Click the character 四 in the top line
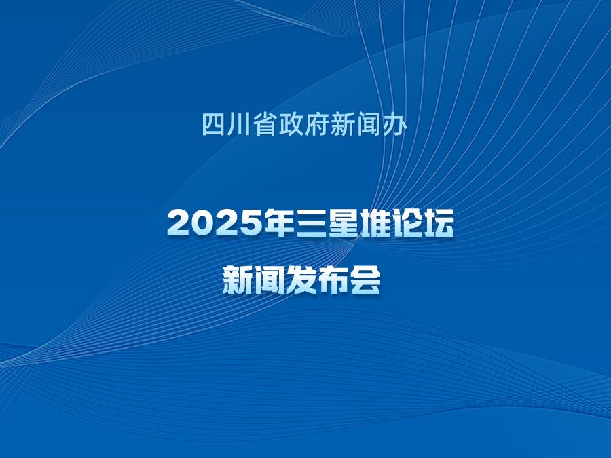pyautogui.click(x=214, y=124)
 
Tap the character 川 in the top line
pyautogui.click(x=239, y=125)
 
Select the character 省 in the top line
pyautogui.click(x=265, y=124)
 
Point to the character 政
pyautogui.click(x=291, y=124)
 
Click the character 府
pyautogui.click(x=316, y=124)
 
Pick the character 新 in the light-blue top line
pyautogui.click(x=342, y=124)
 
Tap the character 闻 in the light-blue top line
pyautogui.click(x=368, y=124)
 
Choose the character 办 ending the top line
pyautogui.click(x=394, y=124)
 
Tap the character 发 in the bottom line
pyautogui.click(x=301, y=280)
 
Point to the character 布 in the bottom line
pyautogui.click(x=333, y=280)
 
